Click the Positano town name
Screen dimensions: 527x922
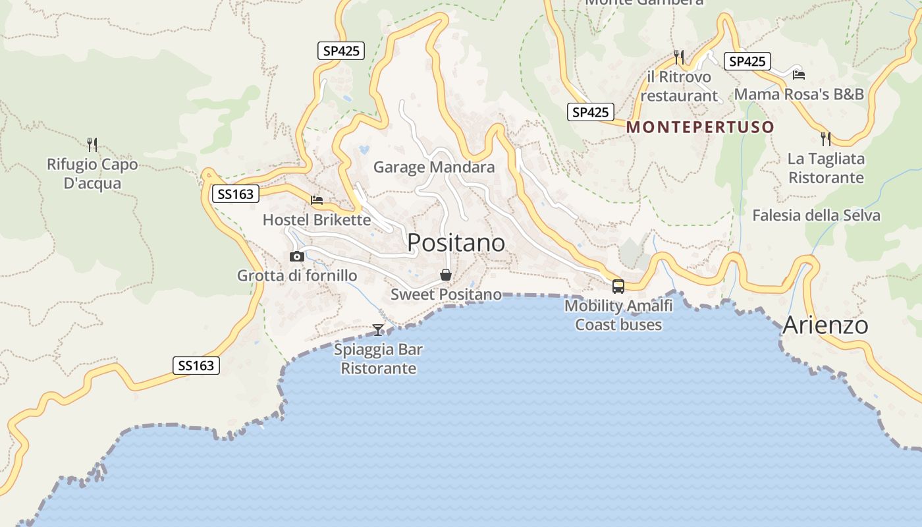[x=456, y=243]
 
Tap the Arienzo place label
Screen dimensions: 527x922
[x=825, y=325]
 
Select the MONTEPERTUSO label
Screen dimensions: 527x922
[x=699, y=127]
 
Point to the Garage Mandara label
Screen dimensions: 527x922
[x=434, y=167]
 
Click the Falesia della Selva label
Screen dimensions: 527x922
[x=816, y=215]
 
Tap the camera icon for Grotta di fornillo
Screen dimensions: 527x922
[x=297, y=257]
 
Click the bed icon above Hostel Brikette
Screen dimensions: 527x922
[x=317, y=200]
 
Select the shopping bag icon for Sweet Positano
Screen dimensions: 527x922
[x=446, y=275]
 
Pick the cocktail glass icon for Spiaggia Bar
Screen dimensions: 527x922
[x=378, y=329]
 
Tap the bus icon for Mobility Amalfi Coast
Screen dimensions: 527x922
[x=618, y=286]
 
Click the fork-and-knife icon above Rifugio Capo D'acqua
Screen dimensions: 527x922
[x=92, y=144]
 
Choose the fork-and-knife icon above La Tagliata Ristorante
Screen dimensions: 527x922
[x=826, y=139]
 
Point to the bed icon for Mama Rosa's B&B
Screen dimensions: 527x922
[x=799, y=74]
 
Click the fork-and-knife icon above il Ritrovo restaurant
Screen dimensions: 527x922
[x=679, y=57]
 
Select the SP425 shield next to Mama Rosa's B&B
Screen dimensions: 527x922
[x=747, y=61]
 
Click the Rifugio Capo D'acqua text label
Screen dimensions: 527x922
[x=92, y=174]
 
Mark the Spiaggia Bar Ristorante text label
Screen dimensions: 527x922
[x=378, y=359]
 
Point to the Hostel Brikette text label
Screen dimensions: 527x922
[x=317, y=220]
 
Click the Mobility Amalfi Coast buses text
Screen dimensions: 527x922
[x=618, y=315]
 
